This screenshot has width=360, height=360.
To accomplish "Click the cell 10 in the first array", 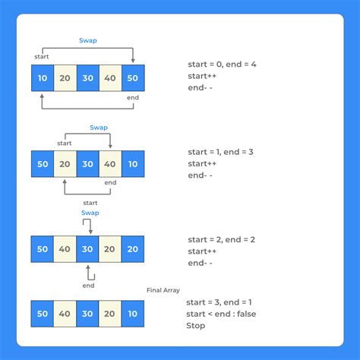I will pyautogui.click(x=43, y=78).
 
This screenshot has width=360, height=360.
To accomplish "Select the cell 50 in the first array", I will pyautogui.click(x=133, y=78).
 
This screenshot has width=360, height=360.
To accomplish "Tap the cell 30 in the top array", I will pyautogui.click(x=88, y=78).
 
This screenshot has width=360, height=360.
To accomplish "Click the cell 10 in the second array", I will pyautogui.click(x=133, y=164).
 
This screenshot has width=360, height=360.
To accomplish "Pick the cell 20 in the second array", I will pyautogui.click(x=65, y=164).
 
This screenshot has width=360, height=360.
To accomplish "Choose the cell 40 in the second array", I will pyautogui.click(x=110, y=164).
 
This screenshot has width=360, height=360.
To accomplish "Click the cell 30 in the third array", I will pyautogui.click(x=88, y=249).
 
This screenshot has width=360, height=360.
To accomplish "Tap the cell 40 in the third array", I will pyautogui.click(x=65, y=249).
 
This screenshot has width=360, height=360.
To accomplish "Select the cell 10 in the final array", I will pyautogui.click(x=133, y=314).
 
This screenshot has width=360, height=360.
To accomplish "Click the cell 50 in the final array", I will pyautogui.click(x=43, y=314).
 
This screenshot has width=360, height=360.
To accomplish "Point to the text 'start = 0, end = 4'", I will pyautogui.click(x=222, y=65).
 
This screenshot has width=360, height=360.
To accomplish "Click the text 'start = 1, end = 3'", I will pyautogui.click(x=222, y=152).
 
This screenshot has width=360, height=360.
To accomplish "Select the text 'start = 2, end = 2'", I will pyautogui.click(x=222, y=238).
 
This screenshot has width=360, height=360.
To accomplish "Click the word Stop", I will pyautogui.click(x=197, y=327).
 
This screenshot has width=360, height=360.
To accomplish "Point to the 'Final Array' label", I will pyautogui.click(x=163, y=290).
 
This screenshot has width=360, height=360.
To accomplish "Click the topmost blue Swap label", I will pyautogui.click(x=89, y=40).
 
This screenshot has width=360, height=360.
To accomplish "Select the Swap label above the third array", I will pyautogui.click(x=90, y=213).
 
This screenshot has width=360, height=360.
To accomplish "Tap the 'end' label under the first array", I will pyautogui.click(x=133, y=97).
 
